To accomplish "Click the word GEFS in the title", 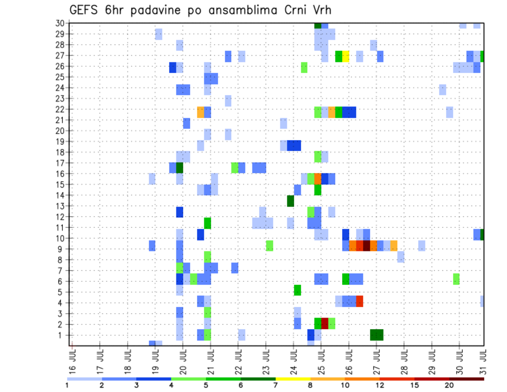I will (84, 11).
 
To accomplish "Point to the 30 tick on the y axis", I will (60, 23).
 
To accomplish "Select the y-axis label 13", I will (60, 206).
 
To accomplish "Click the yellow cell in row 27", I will (346, 55).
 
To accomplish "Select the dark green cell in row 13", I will (290, 201).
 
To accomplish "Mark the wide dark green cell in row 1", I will (377, 334).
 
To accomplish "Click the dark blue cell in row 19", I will (294, 145).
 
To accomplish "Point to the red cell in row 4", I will (360, 301).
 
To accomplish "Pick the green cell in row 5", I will (297, 290).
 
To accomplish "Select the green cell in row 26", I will (304, 67).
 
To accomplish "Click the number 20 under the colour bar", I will (449, 385).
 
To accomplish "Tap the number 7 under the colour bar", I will (276, 385).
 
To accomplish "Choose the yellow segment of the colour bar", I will (293, 379).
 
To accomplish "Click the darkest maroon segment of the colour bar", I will (467, 379).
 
